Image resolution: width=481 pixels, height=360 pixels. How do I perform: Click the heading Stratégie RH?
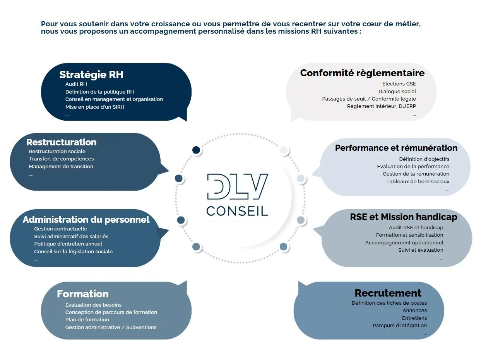[x=91, y=75]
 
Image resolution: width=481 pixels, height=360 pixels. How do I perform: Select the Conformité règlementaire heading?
[x=362, y=73]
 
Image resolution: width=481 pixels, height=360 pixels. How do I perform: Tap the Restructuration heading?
[x=61, y=142]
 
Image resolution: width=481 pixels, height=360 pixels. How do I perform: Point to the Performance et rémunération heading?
[x=396, y=148]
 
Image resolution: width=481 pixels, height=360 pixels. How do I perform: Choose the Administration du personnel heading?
[x=86, y=220]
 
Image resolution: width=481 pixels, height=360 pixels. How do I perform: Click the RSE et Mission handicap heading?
[x=403, y=217]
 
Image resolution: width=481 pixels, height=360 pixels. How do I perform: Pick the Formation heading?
[x=82, y=294]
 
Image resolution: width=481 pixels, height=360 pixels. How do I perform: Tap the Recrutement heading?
[x=388, y=293]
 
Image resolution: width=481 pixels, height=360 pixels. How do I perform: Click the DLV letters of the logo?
[x=237, y=187]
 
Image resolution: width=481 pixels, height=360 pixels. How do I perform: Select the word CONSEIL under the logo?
[x=237, y=211]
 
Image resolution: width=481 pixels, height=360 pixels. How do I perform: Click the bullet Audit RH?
[x=76, y=84]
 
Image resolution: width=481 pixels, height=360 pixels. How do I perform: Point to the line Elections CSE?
[x=399, y=84]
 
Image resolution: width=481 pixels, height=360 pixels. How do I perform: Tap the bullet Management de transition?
[x=61, y=167]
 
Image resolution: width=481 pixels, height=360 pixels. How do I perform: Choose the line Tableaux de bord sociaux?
[x=418, y=182]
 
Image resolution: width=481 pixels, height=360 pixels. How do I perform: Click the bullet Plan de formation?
[x=87, y=320]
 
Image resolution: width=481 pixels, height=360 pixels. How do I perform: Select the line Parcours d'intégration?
[x=400, y=326]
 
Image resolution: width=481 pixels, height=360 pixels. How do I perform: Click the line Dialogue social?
[x=397, y=92]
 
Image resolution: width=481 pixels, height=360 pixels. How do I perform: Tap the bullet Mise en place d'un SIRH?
[x=95, y=107]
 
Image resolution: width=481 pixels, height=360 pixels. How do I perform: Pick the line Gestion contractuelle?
[x=61, y=229]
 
